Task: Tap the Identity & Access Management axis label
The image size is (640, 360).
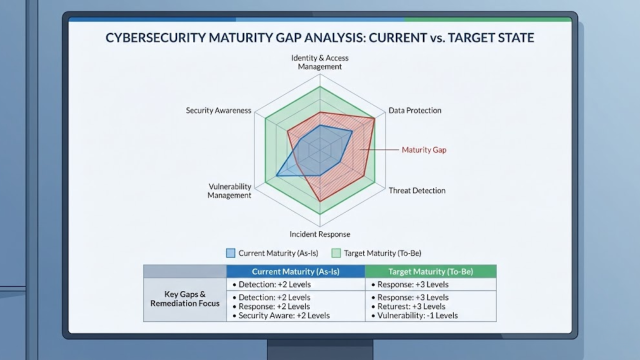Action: click(x=320, y=62)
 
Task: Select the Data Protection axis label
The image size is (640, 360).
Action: click(x=415, y=110)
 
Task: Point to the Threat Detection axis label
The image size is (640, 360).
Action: click(x=417, y=190)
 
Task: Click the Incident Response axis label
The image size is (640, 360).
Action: click(x=320, y=234)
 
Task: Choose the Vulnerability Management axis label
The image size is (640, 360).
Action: click(x=229, y=191)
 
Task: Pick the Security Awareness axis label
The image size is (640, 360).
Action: click(x=218, y=110)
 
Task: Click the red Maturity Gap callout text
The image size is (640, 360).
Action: click(x=424, y=149)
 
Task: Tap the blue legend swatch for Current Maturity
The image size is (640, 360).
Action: click(x=230, y=253)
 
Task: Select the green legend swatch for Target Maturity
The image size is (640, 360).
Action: click(x=336, y=253)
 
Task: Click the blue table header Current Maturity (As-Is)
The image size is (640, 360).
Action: click(x=295, y=271)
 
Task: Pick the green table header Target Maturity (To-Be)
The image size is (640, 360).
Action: click(x=430, y=271)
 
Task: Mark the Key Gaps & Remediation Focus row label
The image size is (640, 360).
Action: click(x=185, y=298)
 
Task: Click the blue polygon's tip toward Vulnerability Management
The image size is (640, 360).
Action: click(x=276, y=175)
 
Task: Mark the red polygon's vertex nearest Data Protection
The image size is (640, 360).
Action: click(x=374, y=118)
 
